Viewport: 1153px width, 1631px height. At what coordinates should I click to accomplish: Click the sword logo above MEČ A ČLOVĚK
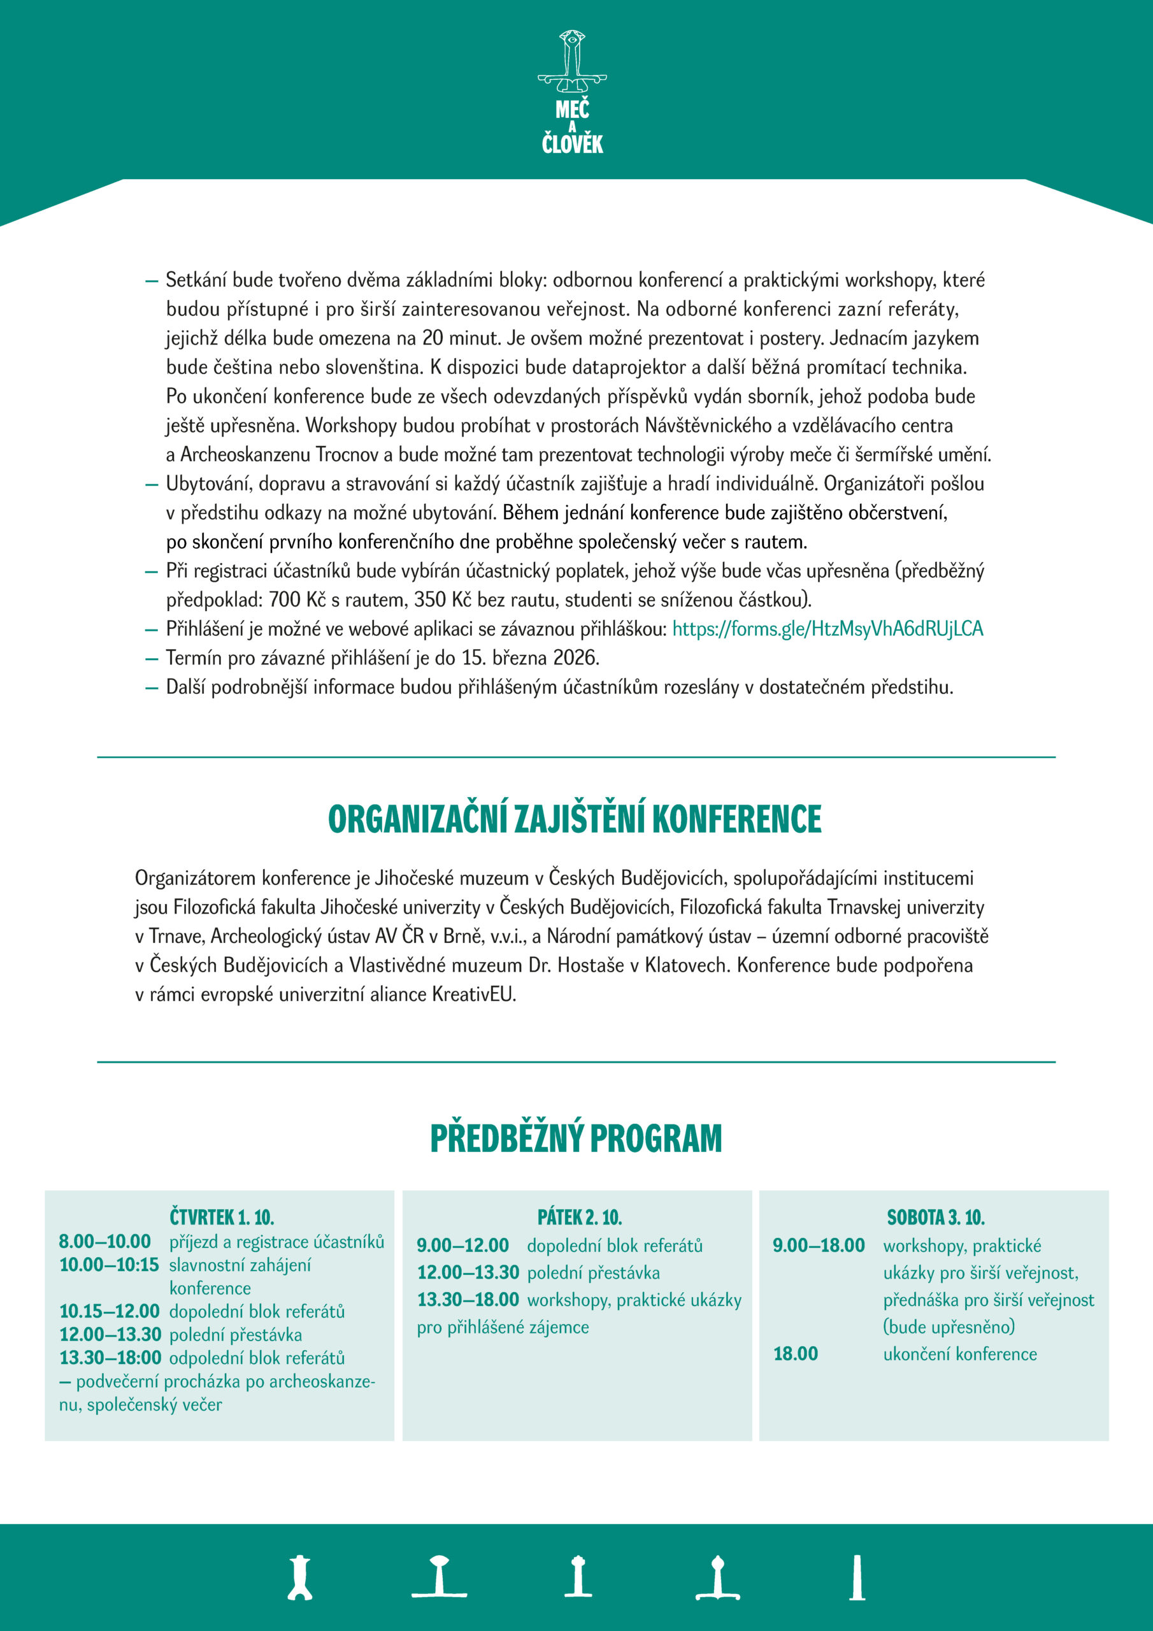click(572, 62)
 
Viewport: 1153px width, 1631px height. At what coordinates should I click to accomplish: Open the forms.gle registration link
click(827, 629)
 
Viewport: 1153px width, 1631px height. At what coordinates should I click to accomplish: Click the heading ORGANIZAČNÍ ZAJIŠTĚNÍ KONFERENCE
click(575, 819)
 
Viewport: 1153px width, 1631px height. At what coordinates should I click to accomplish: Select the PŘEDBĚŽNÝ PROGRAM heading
click(576, 1138)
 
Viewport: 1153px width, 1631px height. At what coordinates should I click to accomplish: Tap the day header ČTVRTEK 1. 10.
click(222, 1218)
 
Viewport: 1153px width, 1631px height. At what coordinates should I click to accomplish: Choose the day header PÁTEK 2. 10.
click(580, 1218)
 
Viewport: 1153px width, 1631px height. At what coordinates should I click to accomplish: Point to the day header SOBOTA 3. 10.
click(936, 1218)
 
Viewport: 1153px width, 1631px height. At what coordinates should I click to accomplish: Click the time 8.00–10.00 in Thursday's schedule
click(104, 1242)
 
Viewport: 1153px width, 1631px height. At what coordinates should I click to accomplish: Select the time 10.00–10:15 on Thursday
click(109, 1265)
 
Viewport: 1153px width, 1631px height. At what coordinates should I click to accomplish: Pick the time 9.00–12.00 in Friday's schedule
click(462, 1246)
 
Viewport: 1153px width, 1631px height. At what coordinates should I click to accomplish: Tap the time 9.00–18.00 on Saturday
click(819, 1246)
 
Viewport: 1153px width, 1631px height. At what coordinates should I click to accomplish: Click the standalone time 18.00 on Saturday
click(796, 1354)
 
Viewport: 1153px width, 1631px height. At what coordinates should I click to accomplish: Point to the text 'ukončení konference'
click(960, 1354)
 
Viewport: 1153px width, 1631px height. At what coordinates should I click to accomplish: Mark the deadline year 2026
click(575, 657)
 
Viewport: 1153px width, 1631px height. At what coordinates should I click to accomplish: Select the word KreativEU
click(472, 995)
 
